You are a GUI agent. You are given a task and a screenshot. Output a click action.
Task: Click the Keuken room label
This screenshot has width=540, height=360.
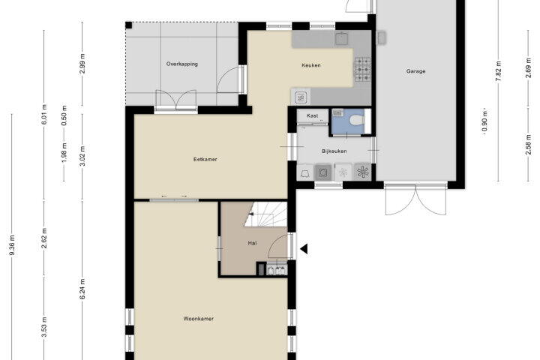pos(311,65)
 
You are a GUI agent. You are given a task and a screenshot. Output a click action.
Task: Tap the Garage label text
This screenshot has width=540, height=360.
pos(415,71)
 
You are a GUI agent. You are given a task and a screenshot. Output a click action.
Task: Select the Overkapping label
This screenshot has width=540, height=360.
pos(181,64)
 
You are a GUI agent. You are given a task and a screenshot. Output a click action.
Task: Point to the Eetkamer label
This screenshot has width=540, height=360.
pos(205,159)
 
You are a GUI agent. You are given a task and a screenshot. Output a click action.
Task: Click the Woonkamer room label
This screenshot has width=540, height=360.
pos(198,319)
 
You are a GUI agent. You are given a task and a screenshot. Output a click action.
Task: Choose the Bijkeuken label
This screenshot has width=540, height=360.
pos(334,151)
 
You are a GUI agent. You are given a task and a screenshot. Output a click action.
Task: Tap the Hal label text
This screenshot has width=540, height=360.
pos(252,243)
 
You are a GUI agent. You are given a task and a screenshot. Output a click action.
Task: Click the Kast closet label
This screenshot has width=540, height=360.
pos(312,115)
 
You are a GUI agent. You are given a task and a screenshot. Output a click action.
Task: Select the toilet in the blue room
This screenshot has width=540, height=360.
pos(357,121)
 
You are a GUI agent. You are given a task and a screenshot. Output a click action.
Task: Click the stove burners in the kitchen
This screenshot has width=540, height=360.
pos(362,69)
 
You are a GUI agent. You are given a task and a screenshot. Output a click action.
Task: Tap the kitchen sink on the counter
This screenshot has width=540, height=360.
pos(341,39)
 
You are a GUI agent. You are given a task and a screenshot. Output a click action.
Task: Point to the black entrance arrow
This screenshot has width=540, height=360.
pos(304,249)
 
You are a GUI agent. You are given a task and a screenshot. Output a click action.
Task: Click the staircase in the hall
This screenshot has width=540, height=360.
pos(265,214)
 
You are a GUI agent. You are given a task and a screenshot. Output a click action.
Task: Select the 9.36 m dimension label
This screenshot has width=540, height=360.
pos(12,246)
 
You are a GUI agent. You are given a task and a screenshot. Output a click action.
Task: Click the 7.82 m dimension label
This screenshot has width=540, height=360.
pos(498,71)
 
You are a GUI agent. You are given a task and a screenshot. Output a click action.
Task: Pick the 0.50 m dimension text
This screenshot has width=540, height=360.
pos(64,115)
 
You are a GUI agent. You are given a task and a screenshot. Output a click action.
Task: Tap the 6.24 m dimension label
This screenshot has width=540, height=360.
pos(82,289)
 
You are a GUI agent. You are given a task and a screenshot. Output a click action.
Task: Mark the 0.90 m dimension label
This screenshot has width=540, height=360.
pos(484,121)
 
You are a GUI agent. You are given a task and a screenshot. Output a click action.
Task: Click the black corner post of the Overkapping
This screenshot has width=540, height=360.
pos(128,25)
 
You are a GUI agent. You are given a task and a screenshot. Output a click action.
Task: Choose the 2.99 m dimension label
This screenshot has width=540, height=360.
pos(82,64)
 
